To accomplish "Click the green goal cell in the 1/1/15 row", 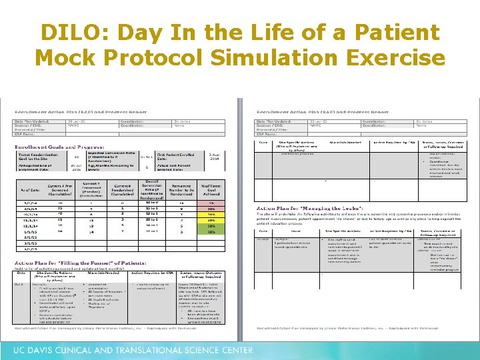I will (x=211, y=231).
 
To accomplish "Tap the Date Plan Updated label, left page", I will (x=31, y=121).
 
